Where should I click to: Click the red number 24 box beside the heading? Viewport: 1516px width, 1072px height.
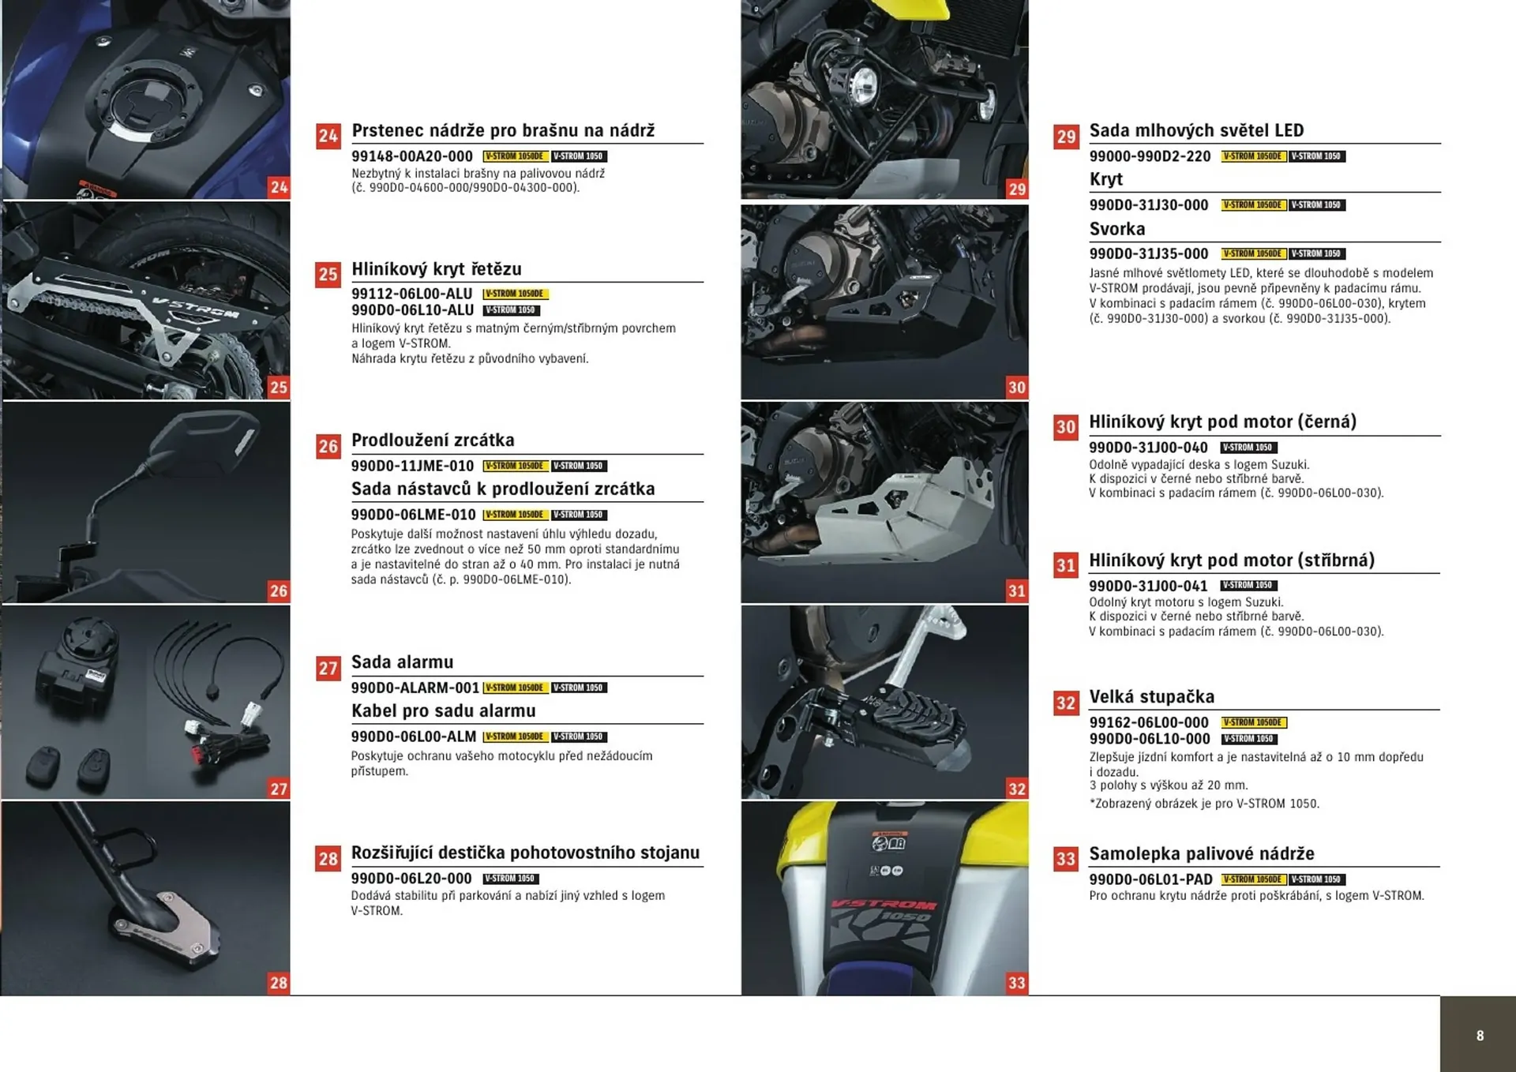(328, 137)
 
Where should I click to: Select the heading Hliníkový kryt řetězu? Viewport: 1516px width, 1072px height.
(436, 269)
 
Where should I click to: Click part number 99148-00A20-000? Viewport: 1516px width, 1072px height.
(411, 156)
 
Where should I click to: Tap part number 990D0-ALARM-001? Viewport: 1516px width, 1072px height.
(415, 688)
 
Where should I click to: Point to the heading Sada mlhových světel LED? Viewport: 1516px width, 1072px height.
(1195, 130)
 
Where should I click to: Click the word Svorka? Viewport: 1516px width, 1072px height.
(1116, 229)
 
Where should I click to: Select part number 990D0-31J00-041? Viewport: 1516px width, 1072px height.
(1147, 586)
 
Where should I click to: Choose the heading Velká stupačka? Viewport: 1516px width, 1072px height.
(1151, 697)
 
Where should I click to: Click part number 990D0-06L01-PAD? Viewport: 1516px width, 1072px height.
(1150, 879)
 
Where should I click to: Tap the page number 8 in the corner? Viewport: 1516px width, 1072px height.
(1480, 1036)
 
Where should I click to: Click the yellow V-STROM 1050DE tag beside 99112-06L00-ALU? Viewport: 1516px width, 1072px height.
(515, 294)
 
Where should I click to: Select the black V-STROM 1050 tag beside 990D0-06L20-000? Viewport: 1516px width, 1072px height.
(510, 879)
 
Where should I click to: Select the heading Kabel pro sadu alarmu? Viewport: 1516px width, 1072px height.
(443, 710)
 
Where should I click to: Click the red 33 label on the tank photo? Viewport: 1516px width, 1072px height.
(1016, 983)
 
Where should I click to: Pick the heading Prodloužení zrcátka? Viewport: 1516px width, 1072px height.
(432, 440)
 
